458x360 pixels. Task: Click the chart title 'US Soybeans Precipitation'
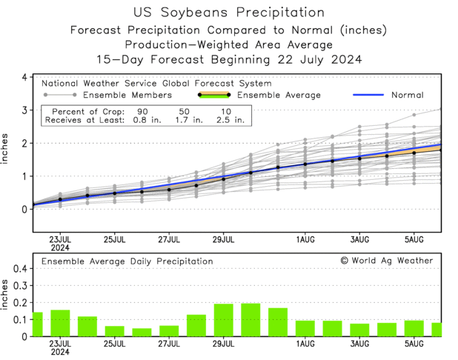click(x=228, y=13)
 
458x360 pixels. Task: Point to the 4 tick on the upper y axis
click(x=24, y=77)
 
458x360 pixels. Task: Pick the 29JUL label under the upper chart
click(x=224, y=239)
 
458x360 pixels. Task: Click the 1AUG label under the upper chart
click(x=305, y=239)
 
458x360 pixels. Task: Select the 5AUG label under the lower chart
click(x=414, y=344)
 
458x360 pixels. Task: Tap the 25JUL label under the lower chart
click(x=115, y=344)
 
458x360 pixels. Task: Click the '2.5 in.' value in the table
click(x=225, y=119)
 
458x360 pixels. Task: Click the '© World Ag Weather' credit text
click(x=385, y=261)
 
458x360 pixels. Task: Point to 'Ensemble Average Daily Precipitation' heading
click(x=127, y=261)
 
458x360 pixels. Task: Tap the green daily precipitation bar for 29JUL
click(x=224, y=320)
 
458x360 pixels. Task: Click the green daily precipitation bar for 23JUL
click(x=60, y=323)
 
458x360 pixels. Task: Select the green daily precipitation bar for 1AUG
click(x=305, y=328)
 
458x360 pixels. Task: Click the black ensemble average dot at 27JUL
click(x=169, y=190)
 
